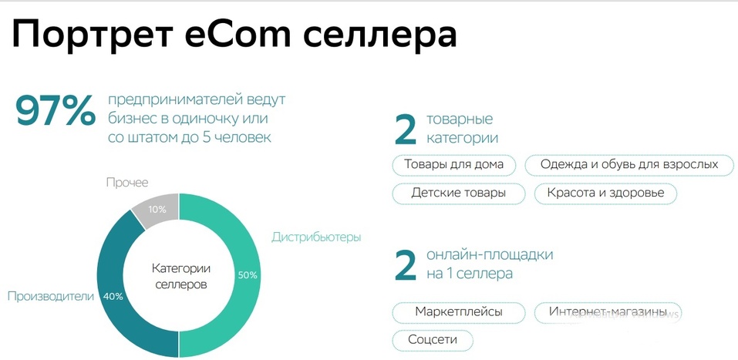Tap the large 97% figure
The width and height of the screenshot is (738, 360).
coord(55,113)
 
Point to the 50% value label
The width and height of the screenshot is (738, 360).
coord(248,275)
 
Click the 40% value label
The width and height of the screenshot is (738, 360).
coord(113,296)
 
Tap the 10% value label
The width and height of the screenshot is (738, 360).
coord(157,210)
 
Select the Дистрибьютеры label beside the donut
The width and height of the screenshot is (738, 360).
coord(316,237)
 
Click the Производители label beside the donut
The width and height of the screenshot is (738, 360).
coord(50,296)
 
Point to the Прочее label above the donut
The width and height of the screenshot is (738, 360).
coord(127,183)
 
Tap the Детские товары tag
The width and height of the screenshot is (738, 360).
coord(458,193)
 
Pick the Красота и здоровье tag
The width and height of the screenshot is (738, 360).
coord(605,193)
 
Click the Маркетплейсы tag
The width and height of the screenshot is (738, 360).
coord(459,312)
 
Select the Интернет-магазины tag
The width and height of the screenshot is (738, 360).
coord(608,312)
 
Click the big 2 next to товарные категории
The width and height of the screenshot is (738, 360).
coord(406,130)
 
